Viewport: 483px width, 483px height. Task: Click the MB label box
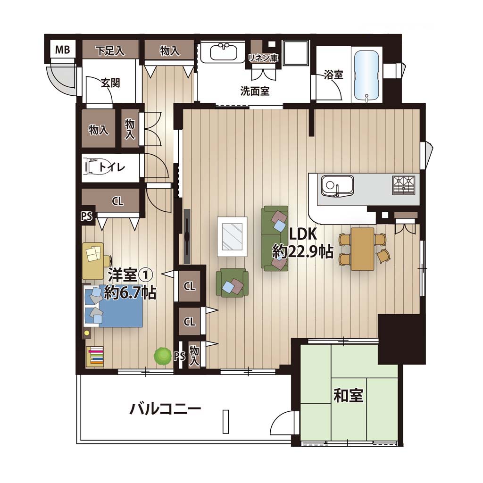point(63,49)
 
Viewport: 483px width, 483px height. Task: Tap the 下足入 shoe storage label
point(110,51)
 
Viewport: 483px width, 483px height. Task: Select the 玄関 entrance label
point(110,83)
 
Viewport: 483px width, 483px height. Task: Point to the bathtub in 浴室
point(366,76)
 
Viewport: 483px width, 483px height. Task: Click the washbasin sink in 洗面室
point(224,52)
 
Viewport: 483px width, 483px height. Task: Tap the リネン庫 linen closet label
point(263,58)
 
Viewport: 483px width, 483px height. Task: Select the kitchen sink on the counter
point(337,186)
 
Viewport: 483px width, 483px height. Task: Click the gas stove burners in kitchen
point(404,185)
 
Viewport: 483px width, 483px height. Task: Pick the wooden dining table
point(362,249)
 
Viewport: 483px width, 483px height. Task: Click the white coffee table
point(232,237)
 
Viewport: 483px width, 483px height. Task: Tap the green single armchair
point(232,283)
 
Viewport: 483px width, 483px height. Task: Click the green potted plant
point(163,356)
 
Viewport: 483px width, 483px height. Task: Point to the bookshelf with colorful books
point(95,357)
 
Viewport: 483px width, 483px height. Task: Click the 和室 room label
point(349,395)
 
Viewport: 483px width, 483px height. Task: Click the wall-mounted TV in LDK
point(187,236)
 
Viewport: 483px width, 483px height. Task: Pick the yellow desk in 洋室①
point(93,260)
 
